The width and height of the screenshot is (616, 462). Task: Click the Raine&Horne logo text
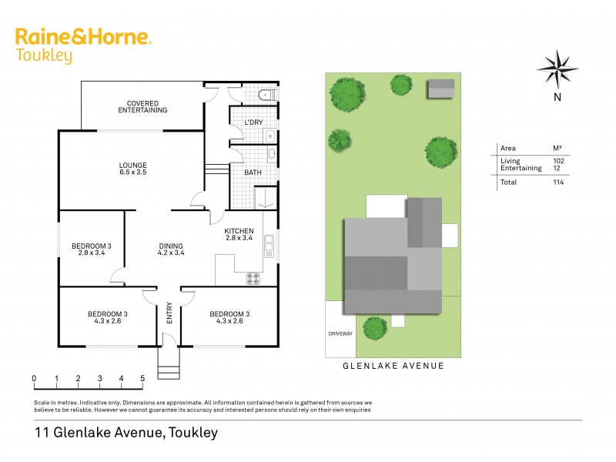pos(83,38)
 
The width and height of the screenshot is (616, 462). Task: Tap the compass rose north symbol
pos(557,69)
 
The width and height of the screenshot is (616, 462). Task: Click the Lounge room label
pos(132,169)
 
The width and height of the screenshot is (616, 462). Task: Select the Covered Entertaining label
pos(142,106)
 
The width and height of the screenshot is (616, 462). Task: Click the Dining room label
pos(171,249)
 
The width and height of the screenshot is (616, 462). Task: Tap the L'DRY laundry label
pos(253,123)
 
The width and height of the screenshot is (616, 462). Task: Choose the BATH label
pos(253,172)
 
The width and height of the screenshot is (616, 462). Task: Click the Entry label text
pos(169,315)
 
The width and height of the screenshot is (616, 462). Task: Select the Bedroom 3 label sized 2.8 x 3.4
pos(92,249)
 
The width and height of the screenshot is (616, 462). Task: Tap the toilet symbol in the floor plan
pos(264,95)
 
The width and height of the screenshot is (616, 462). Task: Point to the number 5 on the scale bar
pos(142,378)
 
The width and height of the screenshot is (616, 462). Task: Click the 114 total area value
pos(558,182)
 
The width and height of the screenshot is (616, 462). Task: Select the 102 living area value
pos(558,160)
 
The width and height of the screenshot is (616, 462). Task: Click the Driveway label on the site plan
pos(340,333)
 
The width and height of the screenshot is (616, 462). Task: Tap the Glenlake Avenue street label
pos(393,366)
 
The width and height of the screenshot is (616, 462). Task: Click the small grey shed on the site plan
pos(441,88)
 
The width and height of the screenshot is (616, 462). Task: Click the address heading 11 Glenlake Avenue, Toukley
pos(126,433)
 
